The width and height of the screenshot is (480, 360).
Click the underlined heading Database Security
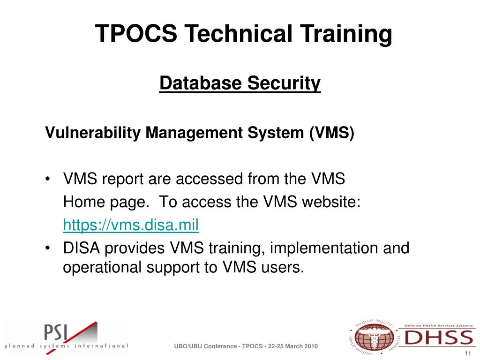tap(240, 84)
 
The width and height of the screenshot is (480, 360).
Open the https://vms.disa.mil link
tap(131, 225)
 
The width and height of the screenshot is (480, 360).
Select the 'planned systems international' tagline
tap(66, 346)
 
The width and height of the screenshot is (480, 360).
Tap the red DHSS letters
tap(438, 338)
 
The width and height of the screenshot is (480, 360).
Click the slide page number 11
tap(467, 353)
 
